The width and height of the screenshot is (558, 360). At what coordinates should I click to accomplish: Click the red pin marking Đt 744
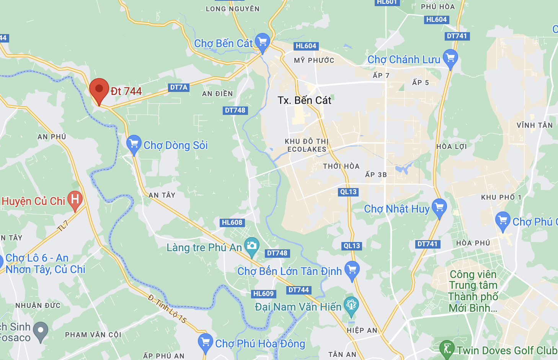coord(99,90)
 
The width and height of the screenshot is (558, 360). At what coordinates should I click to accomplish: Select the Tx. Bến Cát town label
coord(304,100)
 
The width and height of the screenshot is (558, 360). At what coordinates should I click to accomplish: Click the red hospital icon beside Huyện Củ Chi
coord(75,200)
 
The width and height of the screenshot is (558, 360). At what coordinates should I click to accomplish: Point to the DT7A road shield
coord(179,87)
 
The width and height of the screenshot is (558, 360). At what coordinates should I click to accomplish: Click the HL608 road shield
coord(232,223)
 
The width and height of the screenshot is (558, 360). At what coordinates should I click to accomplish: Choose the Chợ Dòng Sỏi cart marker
coord(134,144)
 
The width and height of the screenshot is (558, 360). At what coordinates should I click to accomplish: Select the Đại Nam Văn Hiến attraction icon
coord(351,305)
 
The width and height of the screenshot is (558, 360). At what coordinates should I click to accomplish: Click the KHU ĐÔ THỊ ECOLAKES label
coord(307,145)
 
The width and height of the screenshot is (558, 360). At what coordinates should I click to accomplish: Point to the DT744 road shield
coord(299,290)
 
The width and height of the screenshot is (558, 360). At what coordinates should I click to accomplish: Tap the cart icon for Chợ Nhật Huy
coord(439,207)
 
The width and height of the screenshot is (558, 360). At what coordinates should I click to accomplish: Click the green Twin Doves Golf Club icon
coord(447,349)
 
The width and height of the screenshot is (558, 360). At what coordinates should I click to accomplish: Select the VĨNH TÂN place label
coord(534,125)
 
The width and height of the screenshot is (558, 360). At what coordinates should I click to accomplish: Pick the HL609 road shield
coord(264,294)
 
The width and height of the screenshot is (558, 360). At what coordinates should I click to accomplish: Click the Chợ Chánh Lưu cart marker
coord(450,58)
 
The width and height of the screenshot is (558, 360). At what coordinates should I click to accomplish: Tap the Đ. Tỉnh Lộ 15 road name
coord(167,309)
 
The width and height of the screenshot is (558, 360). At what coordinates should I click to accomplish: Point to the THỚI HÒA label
coord(341,166)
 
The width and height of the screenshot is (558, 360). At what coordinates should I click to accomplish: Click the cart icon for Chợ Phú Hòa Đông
coord(206,342)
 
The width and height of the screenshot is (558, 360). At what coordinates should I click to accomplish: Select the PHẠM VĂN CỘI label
coord(93,335)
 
